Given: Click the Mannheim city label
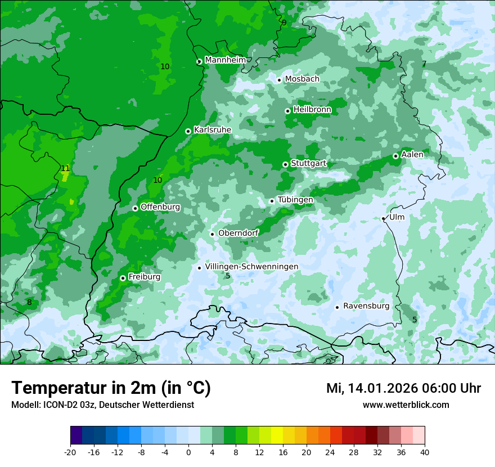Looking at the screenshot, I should pyautogui.click(x=225, y=60).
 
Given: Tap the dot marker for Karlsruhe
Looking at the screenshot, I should pyautogui.click(x=188, y=131).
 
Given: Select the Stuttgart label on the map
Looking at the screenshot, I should pyautogui.click(x=308, y=163).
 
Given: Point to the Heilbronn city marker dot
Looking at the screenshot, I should pyautogui.click(x=287, y=111).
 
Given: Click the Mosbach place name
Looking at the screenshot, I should pyautogui.click(x=302, y=79).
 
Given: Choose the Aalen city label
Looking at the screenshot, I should pyautogui.click(x=412, y=154).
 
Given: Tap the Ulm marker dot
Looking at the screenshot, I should pyautogui.click(x=383, y=218).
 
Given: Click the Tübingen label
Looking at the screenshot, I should pyautogui.click(x=295, y=200).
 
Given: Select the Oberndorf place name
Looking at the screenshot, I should pyautogui.click(x=238, y=233).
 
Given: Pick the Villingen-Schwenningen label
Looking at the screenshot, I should pyautogui.click(x=251, y=266).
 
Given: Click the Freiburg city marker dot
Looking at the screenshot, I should pyautogui.click(x=123, y=278).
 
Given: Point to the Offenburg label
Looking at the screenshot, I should pyautogui.click(x=160, y=206).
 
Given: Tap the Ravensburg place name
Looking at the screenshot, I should pyautogui.click(x=366, y=306).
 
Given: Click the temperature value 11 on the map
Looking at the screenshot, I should pyautogui.click(x=65, y=168).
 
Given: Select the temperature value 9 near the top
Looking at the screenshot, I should pyautogui.click(x=284, y=23).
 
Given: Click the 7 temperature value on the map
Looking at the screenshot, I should pyautogui.click(x=424, y=64).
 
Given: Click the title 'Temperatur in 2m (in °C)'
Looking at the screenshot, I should pyautogui.click(x=111, y=388).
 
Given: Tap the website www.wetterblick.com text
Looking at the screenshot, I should pyautogui.click(x=406, y=405).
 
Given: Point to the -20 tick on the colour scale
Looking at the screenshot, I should pyautogui.click(x=70, y=452).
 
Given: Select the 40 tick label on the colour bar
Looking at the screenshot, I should pyautogui.click(x=424, y=452).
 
